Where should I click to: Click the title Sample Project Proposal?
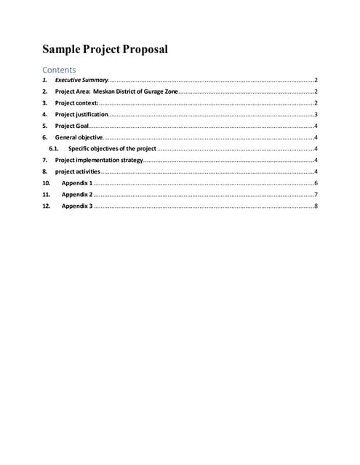105,50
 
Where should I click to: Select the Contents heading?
59,70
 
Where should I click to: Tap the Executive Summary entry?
81,80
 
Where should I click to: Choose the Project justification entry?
81,115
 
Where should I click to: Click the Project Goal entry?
72,126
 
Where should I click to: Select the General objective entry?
79,137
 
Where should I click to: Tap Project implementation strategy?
99,160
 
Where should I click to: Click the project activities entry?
78,171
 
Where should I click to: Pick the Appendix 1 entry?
76,183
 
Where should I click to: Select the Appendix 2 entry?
76,195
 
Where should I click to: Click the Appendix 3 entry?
76,206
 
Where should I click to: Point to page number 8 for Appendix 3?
316,206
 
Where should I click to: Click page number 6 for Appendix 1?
316,183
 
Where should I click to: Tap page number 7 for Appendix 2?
316,195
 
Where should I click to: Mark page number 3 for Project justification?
316,115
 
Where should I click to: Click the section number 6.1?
53,149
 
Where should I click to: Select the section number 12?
46,206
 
